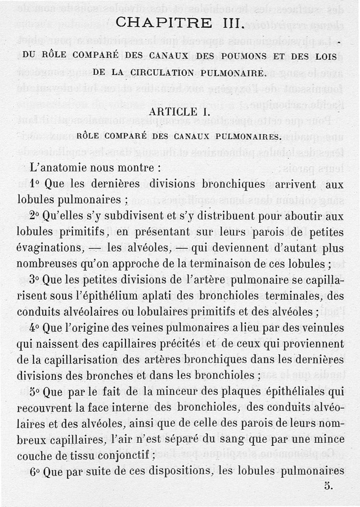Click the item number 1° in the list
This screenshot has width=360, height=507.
(x=36, y=184)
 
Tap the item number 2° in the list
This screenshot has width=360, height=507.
(x=36, y=216)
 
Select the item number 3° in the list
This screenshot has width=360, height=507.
(x=36, y=279)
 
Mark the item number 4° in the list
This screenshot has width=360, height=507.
(x=36, y=328)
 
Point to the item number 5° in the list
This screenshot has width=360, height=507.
(x=36, y=391)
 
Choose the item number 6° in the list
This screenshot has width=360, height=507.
(x=36, y=471)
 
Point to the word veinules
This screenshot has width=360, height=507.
(x=320, y=328)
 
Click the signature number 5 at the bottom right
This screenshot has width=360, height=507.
(x=328, y=485)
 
